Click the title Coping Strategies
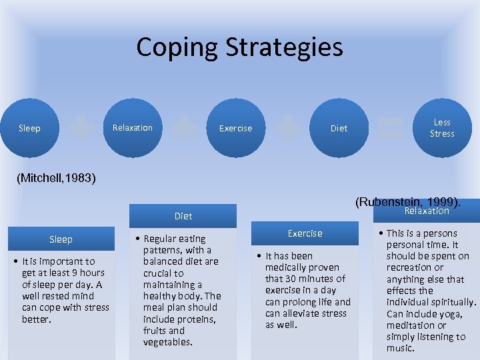tap(239, 47)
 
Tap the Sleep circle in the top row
tap(29, 128)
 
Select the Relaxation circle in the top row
tap(132, 127)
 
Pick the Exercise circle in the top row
tap(236, 128)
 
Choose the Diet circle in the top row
tap(339, 128)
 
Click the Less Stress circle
tap(441, 128)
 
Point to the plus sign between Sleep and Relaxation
tap(81, 127)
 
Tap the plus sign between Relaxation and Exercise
tap(185, 127)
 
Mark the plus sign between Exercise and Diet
tap(287, 127)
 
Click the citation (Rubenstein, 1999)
tap(407, 201)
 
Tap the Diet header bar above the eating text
tap(183, 216)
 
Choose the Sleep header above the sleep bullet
tap(61, 239)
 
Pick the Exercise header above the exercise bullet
tap(305, 233)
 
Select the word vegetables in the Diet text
tap(167, 342)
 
